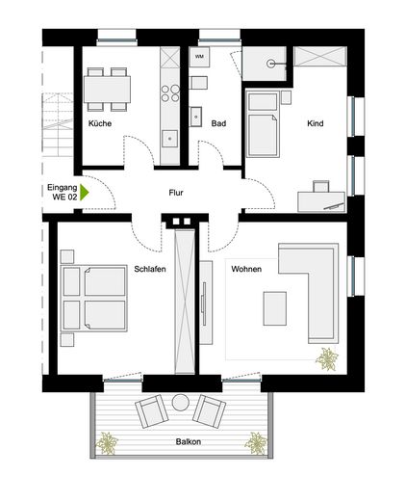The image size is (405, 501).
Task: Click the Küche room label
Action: pos(100,124)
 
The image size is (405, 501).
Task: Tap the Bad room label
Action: pos(218,124)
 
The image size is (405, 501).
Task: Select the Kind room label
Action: pos(316,124)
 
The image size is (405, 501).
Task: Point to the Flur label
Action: pos(176,193)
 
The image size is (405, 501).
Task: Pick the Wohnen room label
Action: pos(246,270)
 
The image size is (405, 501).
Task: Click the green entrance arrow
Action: pos(84,191)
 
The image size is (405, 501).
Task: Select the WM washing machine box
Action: pos(199,57)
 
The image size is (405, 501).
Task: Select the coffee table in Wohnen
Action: pos(274,308)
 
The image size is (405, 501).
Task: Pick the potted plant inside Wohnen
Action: pos(328,358)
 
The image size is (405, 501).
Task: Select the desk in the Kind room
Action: pos(320,198)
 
